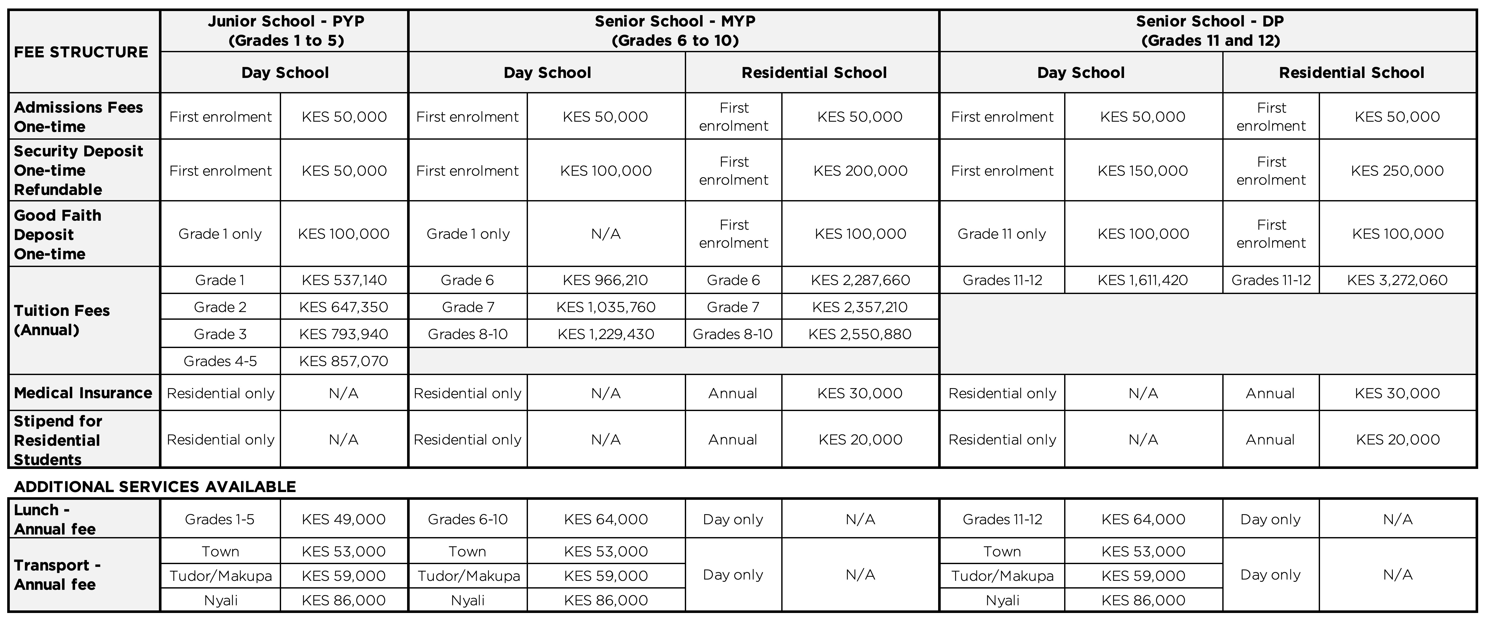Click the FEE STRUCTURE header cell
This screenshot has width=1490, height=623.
coord(81,52)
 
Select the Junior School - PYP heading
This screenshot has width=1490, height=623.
coord(286,31)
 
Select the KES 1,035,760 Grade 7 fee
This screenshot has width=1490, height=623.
coord(606,307)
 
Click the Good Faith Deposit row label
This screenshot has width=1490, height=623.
coord(58,234)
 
